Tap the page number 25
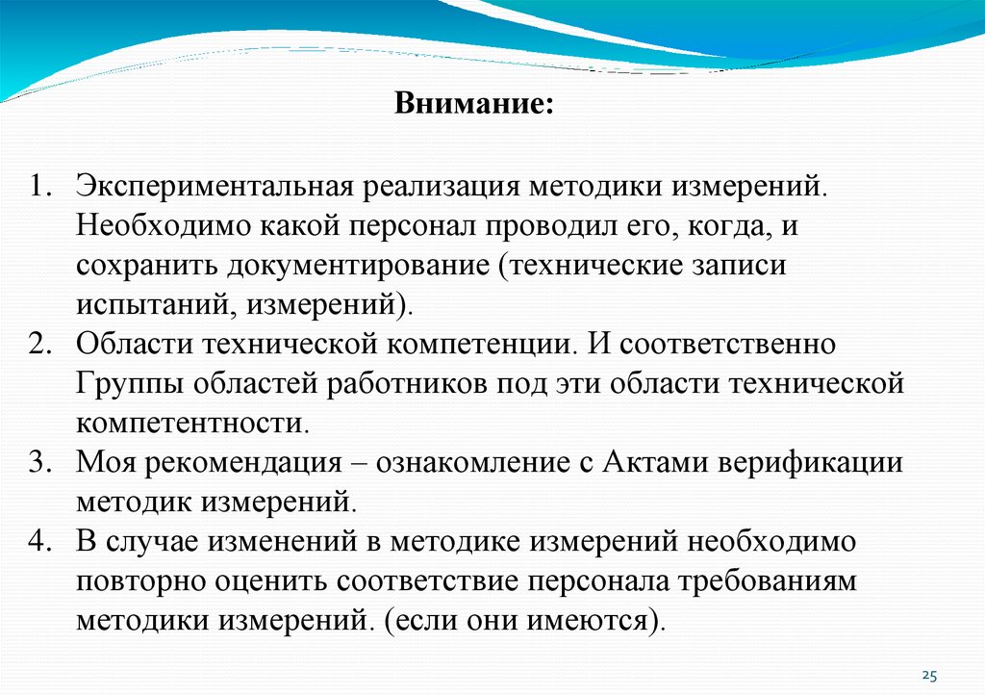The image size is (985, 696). tap(929, 674)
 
